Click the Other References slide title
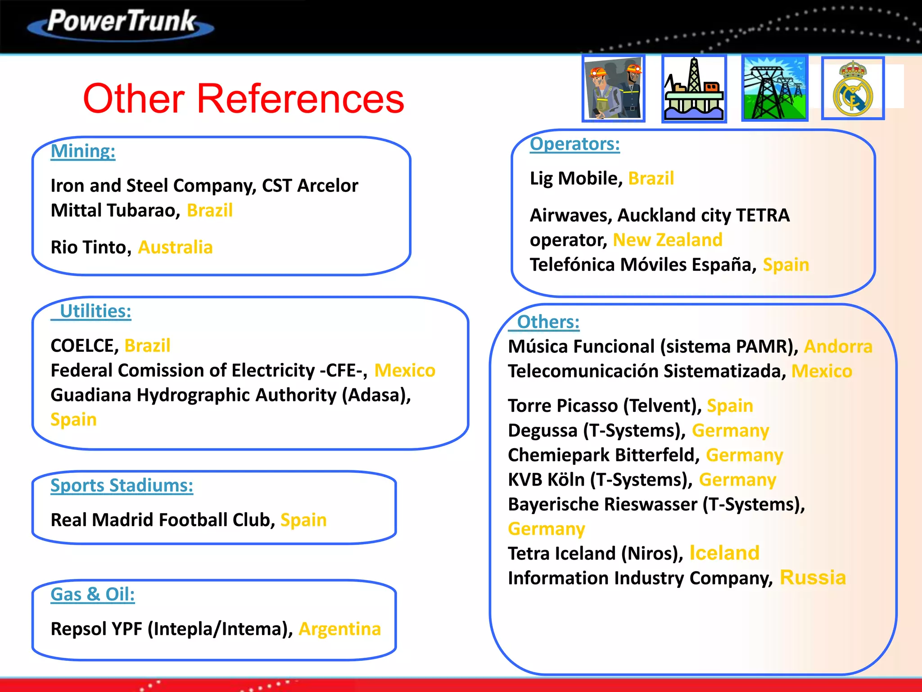244,99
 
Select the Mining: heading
83,151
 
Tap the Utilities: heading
95,311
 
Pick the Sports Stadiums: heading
122,486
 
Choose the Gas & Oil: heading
93,594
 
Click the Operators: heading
574,144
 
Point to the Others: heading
548,322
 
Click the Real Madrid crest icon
853,88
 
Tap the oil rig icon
694,89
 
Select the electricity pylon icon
774,89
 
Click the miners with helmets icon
614,89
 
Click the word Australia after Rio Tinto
175,247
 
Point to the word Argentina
340,629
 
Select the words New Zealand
668,240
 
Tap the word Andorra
838,347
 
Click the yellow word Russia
813,578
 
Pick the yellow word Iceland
724,553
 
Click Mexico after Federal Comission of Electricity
405,371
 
